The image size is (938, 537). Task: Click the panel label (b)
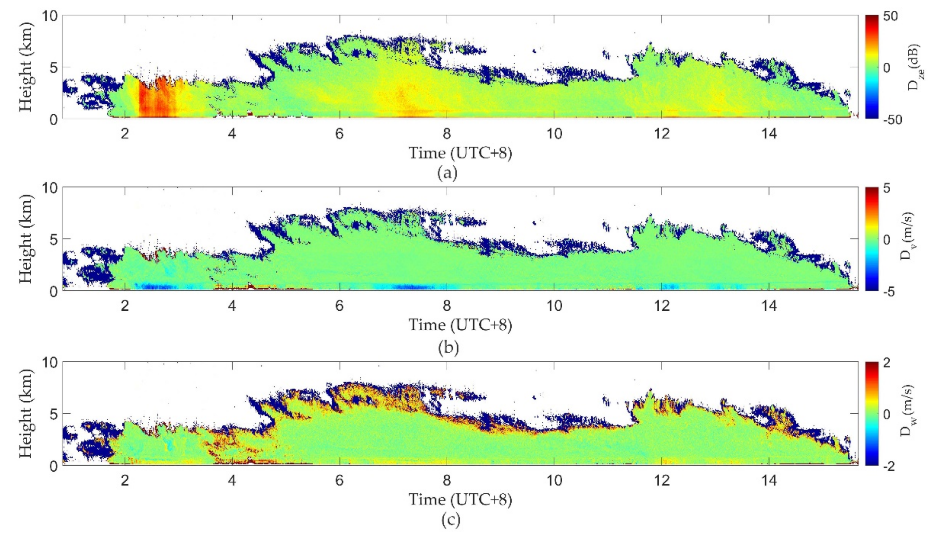tap(448, 348)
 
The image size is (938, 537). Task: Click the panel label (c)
tap(450, 520)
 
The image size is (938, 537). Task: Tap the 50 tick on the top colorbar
tap(890, 17)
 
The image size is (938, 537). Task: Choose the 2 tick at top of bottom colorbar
tap(887, 363)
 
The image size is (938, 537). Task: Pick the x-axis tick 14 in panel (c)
tap(769, 481)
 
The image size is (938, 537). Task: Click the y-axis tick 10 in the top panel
tap(49, 17)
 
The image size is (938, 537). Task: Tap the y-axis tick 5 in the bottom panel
tap(53, 414)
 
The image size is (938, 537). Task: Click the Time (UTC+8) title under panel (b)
tap(460, 325)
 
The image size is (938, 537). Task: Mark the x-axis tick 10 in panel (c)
tap(554, 481)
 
